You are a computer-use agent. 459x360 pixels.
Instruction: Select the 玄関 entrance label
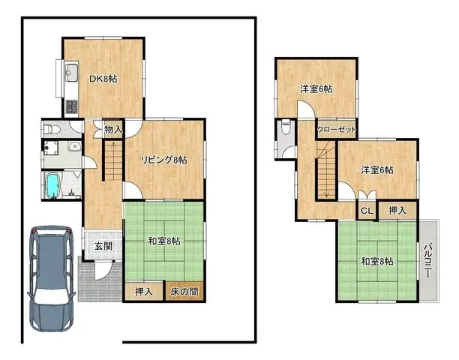103,246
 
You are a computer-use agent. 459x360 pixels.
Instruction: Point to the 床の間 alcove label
184,291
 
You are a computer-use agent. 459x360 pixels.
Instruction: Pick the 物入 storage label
113,130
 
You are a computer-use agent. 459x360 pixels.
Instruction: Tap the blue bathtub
52,184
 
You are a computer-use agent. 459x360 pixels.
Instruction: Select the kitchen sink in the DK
72,73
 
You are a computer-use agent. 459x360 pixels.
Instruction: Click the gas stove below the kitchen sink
72,106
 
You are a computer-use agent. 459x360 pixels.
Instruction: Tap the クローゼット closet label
336,129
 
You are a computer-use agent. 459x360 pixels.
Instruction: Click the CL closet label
366,211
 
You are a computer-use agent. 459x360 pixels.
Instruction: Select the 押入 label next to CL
397,211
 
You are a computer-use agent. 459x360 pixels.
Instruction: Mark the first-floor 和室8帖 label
163,241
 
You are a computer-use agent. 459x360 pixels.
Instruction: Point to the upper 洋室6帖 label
316,89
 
